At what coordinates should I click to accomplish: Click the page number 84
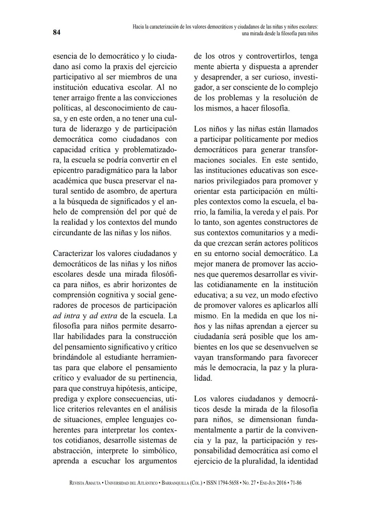(x=57, y=33)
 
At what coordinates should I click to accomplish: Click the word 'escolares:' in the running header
(x=306, y=26)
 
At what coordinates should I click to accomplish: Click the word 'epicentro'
(x=69, y=170)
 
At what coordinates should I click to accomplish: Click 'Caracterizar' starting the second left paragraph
(x=73, y=253)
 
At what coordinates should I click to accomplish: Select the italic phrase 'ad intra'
(x=66, y=316)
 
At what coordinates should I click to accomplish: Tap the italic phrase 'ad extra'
(x=103, y=316)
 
